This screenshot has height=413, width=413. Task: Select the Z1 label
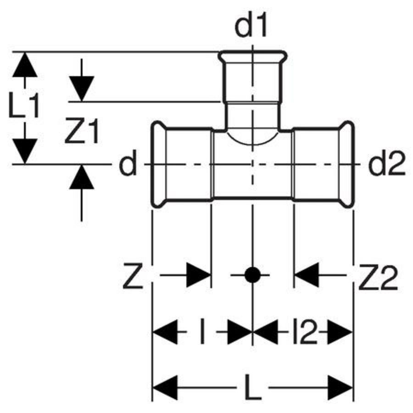coord(82,132)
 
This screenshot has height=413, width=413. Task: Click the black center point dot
coord(252,275)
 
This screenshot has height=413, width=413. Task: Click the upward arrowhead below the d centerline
coord(82,177)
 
